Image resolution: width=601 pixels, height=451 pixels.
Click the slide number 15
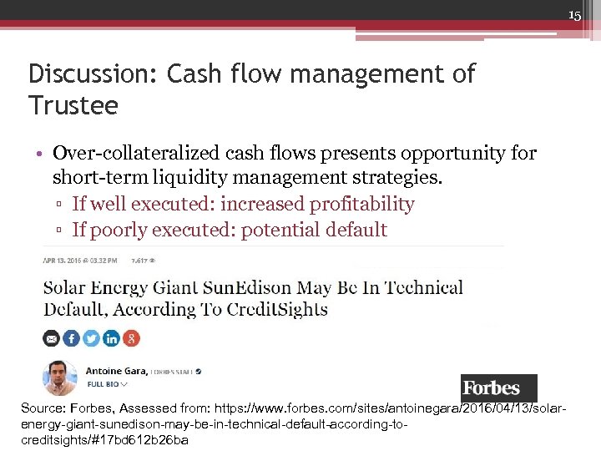pyautogui.click(x=574, y=16)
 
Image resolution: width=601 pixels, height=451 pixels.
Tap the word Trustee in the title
pyautogui.click(x=73, y=106)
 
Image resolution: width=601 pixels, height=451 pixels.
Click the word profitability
pyautogui.click(x=362, y=204)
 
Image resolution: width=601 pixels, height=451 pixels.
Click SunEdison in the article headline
pyautogui.click(x=248, y=288)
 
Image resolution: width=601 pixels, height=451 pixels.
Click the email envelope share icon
pyautogui.click(x=51, y=338)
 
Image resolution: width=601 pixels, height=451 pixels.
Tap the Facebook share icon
pyautogui.click(x=71, y=338)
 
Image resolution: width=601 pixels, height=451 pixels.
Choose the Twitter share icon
pyautogui.click(x=91, y=338)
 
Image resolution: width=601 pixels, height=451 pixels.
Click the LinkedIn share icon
pyautogui.click(x=111, y=338)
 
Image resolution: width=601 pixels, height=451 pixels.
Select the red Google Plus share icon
pyautogui.click(x=131, y=338)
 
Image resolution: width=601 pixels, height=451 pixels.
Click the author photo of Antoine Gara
pyautogui.click(x=60, y=377)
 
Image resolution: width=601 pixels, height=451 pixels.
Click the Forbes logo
pyautogui.click(x=498, y=388)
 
